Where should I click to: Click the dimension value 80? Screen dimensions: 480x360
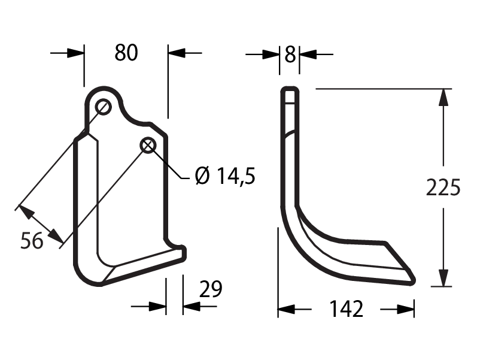point(126,53)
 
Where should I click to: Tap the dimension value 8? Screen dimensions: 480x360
point(290,55)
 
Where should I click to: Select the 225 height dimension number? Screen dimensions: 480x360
point(443,187)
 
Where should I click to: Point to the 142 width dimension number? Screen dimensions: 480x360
point(346,309)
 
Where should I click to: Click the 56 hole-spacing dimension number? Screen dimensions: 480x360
point(32,241)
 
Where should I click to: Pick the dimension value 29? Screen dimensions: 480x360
point(211,289)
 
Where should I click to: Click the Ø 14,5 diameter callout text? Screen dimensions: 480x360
point(225,176)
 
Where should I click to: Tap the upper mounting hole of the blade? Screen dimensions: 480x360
point(103,107)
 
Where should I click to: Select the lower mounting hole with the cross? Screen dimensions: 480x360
point(148,145)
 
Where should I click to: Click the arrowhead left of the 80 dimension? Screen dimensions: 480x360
point(75,53)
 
